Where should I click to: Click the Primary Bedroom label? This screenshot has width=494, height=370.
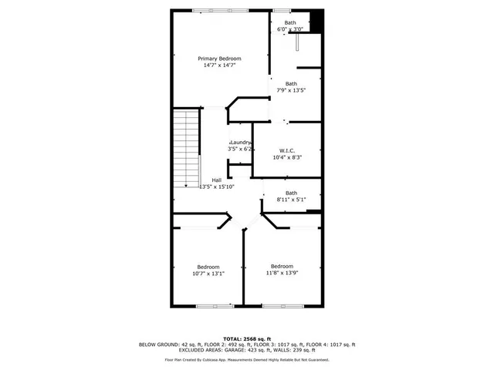click(219, 59)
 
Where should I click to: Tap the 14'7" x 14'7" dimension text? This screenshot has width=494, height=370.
click(219, 66)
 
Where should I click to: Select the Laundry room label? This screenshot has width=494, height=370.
click(241, 142)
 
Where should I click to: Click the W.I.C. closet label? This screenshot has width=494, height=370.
click(287, 150)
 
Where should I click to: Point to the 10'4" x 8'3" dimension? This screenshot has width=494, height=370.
click(287, 157)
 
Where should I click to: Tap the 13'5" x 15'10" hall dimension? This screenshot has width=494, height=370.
click(217, 187)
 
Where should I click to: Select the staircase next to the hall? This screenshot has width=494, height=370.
click(186, 147)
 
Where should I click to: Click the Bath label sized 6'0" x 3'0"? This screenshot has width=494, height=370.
click(290, 22)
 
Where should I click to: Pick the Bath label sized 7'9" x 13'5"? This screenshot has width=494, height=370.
click(291, 83)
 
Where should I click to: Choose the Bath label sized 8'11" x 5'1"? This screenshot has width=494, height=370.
click(291, 193)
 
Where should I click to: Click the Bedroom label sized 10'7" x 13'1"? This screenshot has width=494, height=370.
click(208, 267)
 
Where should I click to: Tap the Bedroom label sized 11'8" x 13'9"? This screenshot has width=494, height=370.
click(282, 267)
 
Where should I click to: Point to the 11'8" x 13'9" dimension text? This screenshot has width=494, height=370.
click(282, 274)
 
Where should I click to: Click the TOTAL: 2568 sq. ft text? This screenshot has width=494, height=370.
click(247, 338)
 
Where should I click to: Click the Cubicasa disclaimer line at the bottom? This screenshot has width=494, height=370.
click(247, 359)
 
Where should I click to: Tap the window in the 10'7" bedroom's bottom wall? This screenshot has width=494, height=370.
click(214, 306)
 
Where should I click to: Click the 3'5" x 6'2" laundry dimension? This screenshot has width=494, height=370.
click(241, 149)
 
